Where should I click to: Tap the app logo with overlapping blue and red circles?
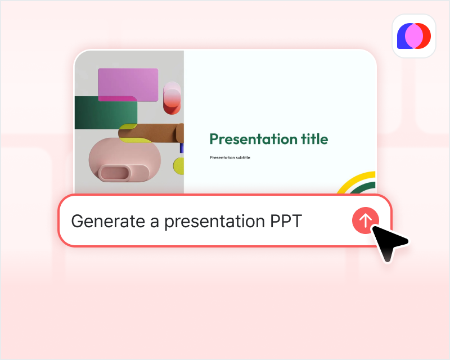(x=413, y=36)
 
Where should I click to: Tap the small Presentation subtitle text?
(x=229, y=157)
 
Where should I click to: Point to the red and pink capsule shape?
(x=172, y=98)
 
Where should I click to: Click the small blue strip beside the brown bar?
(x=182, y=148)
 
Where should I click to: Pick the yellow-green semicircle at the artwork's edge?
(x=179, y=165)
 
